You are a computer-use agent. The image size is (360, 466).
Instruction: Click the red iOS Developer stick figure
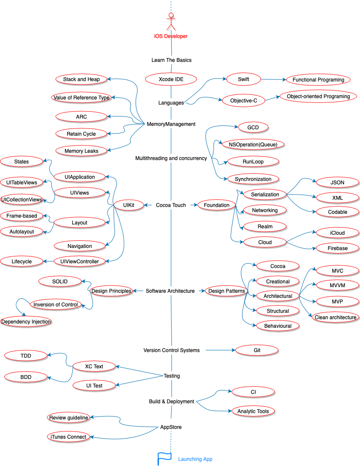[171, 22]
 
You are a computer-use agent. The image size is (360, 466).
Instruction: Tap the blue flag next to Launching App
[164, 458]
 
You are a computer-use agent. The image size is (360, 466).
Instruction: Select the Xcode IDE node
[171, 79]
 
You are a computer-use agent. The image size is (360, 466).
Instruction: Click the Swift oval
[243, 79]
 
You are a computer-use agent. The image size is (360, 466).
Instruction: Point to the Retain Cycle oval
[81, 134]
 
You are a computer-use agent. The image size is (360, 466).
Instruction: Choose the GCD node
[253, 127]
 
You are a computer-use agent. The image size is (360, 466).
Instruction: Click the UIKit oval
[129, 205]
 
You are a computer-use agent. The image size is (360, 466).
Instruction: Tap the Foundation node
[217, 205]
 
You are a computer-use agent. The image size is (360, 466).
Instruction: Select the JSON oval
[337, 183]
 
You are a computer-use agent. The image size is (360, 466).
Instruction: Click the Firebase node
[337, 248]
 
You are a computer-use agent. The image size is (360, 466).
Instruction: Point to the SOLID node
[60, 281]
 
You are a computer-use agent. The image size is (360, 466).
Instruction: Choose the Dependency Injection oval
[26, 322]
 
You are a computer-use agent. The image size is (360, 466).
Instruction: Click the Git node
[257, 350]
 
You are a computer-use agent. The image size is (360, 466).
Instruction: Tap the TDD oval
[26, 355]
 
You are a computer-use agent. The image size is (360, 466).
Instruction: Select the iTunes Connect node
[68, 437]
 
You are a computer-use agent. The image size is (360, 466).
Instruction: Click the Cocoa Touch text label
[171, 205]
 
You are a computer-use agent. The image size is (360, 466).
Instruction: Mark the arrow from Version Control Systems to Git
[220, 350]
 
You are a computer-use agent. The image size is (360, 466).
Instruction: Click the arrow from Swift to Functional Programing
[273, 79]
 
